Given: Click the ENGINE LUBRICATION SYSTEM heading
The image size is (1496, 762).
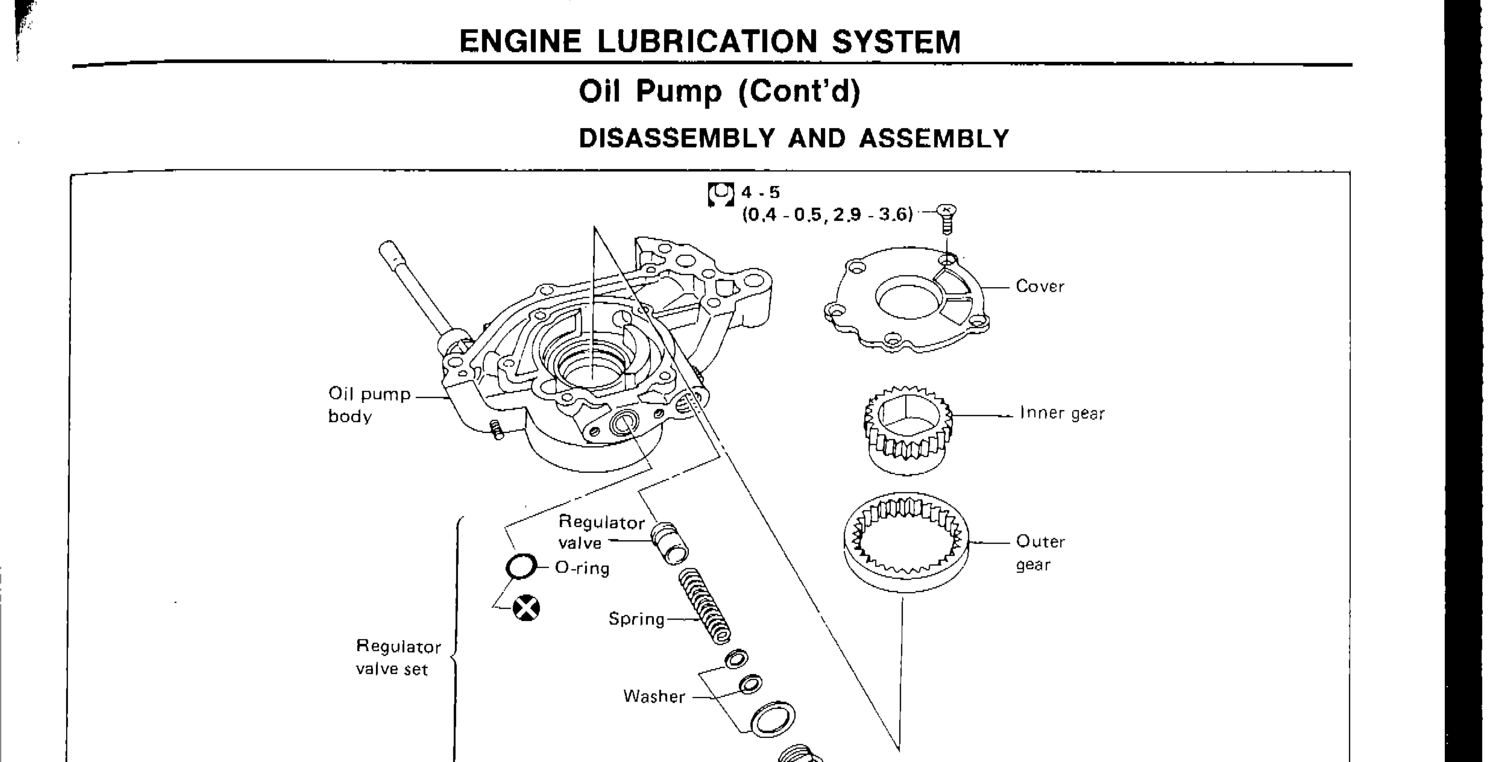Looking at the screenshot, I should pos(710,42).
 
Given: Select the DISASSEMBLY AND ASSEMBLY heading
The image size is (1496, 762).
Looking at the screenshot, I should pos(794,139).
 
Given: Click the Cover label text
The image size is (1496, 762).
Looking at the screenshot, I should pos(1040,286).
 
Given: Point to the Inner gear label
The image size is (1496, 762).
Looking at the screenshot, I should pos(1061,413).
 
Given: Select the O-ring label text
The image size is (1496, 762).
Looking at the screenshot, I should pos(582,568).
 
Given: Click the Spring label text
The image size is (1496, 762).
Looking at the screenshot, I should pos(636,619).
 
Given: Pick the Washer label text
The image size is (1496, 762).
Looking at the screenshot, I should pos(654,696).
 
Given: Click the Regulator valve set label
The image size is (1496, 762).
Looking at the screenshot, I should pos(398,658).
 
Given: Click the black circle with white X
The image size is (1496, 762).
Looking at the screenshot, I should pos(526,609).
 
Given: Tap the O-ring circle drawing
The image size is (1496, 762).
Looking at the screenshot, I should pos(521,566).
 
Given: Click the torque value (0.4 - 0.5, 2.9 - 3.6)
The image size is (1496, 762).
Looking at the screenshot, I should pos(827,215).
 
